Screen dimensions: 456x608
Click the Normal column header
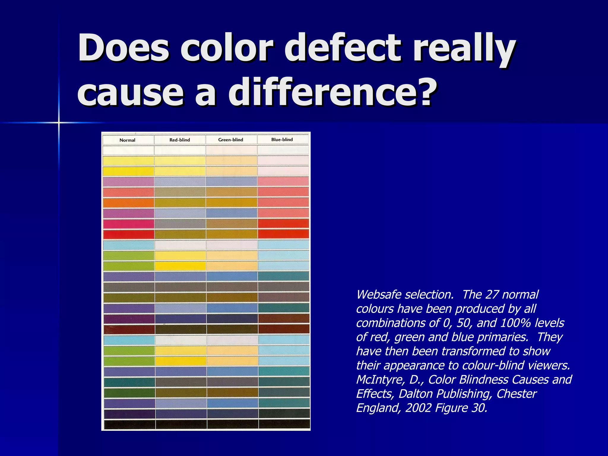(127, 140)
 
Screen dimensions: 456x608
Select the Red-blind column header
(180, 140)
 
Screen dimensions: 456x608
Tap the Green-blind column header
(231, 140)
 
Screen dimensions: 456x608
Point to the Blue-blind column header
(282, 139)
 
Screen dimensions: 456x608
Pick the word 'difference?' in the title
(333, 92)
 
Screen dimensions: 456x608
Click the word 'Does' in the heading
(123, 47)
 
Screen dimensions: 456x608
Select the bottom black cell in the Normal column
(129, 424)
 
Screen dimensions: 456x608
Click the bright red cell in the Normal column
(129, 234)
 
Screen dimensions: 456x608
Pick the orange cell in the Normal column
(129, 203)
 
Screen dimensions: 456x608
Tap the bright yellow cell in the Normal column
(129, 171)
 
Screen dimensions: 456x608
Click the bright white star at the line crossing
(59, 122)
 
